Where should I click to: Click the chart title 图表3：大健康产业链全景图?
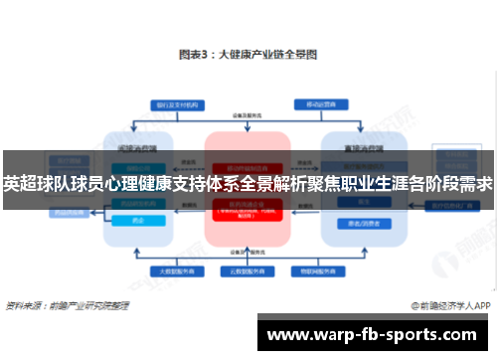248,56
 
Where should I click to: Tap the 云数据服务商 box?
248,270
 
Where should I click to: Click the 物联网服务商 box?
329,270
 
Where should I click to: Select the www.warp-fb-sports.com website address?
373,335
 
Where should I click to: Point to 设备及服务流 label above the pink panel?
248,114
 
